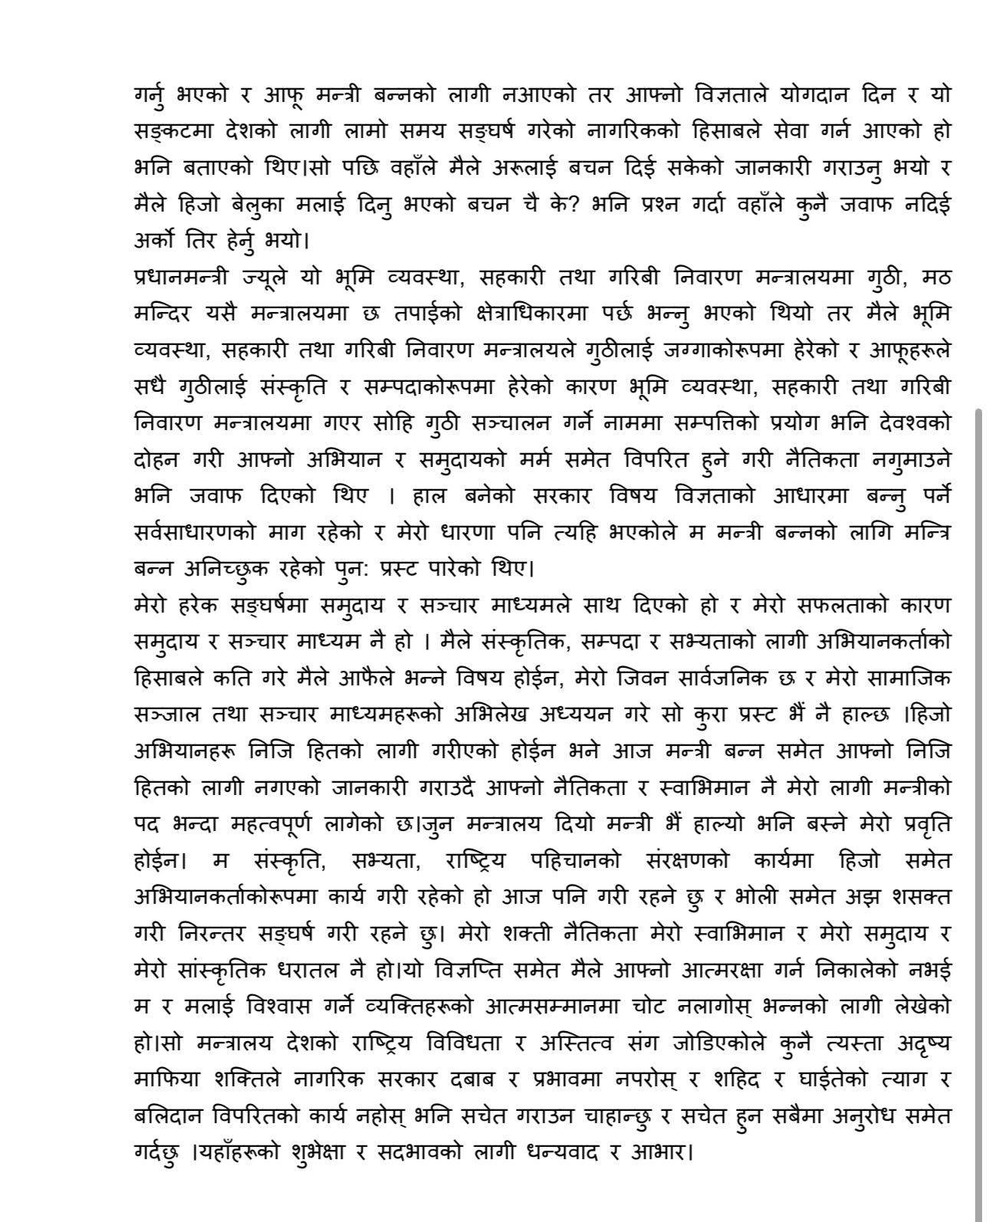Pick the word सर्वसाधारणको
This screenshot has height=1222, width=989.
(195, 532)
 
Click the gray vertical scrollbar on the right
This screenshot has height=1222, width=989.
(978, 767)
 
